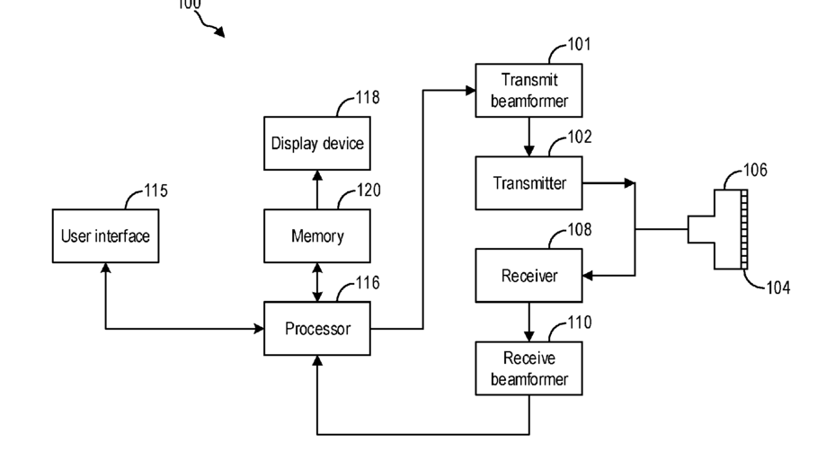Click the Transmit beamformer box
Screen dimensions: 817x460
[x=528, y=91]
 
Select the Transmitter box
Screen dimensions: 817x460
[x=528, y=183]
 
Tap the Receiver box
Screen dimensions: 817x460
[x=528, y=276]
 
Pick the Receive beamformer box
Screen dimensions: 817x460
[x=528, y=368]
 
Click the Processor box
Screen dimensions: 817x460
[x=317, y=329]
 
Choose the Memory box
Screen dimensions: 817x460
[x=317, y=236]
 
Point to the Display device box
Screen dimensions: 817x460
[x=317, y=143]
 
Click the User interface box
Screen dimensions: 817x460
[x=106, y=236]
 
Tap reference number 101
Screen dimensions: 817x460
[x=580, y=44]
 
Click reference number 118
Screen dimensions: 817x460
[x=368, y=97]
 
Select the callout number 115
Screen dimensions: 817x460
[x=155, y=190]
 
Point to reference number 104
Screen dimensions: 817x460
[x=778, y=287]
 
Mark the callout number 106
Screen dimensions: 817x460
[x=756, y=171]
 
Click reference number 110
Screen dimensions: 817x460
[x=580, y=323]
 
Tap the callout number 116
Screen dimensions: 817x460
[x=368, y=283]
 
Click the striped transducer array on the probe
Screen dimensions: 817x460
[x=744, y=229]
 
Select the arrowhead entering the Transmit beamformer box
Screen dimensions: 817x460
[x=470, y=91]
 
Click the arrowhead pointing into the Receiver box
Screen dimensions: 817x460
[x=588, y=276]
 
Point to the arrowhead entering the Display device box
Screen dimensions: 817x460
[x=317, y=175]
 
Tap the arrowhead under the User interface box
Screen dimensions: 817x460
[x=106, y=268]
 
